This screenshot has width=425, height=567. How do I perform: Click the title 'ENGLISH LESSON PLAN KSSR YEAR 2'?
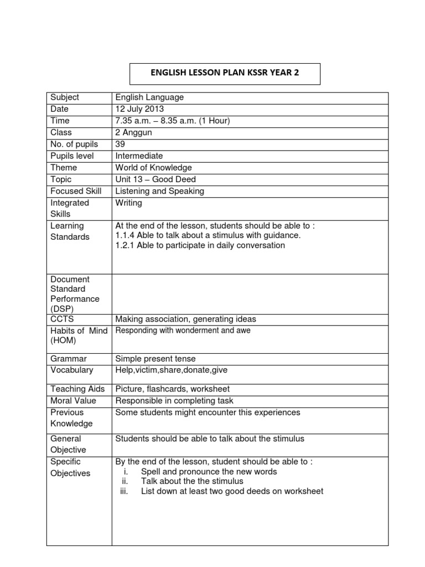[225, 73]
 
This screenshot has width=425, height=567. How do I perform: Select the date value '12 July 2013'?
[139, 109]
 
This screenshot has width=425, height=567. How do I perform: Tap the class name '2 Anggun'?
[133, 132]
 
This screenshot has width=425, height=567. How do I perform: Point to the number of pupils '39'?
[120, 144]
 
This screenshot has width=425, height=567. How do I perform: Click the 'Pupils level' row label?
[72, 156]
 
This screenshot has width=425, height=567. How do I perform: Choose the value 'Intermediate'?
[139, 156]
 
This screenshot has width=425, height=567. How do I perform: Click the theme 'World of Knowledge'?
[153, 168]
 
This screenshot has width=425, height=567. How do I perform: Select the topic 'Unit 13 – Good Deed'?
[156, 179]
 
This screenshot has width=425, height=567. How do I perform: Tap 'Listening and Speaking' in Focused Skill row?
[159, 191]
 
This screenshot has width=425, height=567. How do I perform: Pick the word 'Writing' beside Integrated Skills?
[128, 203]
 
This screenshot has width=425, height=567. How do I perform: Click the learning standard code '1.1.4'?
[125, 235]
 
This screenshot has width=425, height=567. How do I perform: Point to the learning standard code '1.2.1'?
[125, 245]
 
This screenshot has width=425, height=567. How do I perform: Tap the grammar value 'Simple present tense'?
[156, 359]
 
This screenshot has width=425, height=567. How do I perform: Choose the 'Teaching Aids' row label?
[77, 389]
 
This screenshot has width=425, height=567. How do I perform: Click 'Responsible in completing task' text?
[174, 401]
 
